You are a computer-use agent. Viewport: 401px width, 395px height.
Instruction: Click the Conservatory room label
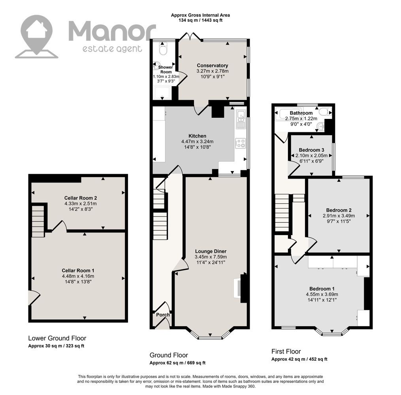[x=212, y=66]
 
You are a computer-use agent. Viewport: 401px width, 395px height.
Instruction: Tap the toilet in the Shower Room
[x=163, y=49]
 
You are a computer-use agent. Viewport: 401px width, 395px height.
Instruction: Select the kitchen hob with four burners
[x=240, y=143]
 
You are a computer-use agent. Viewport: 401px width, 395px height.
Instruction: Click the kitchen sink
[x=241, y=119]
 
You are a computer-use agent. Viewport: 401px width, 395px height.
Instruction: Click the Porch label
[x=163, y=315]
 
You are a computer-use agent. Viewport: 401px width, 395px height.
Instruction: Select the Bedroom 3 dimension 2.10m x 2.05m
[x=311, y=156]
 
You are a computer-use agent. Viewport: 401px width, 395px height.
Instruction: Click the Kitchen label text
[x=197, y=136]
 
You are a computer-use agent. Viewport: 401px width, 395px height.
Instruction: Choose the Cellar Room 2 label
[x=81, y=198]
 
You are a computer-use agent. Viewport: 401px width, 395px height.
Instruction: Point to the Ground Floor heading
[x=169, y=355]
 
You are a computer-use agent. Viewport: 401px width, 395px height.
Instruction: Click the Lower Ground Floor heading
[x=57, y=338]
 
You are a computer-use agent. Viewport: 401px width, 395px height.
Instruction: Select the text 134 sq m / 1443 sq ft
[x=200, y=20]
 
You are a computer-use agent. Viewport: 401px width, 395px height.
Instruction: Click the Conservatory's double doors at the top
[x=190, y=36]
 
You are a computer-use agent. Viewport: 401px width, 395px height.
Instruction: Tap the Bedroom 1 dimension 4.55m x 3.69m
[x=322, y=294]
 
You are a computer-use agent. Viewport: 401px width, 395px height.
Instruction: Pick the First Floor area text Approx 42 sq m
[x=288, y=359]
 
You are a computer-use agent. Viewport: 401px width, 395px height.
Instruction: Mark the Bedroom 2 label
[x=339, y=210]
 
